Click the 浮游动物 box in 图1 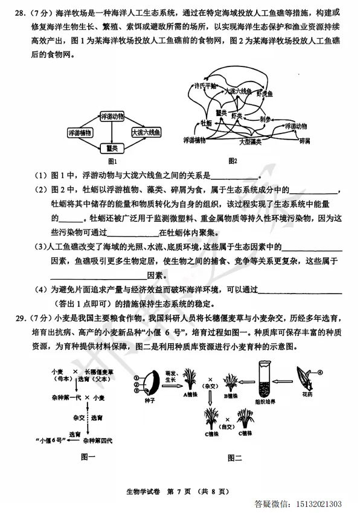(112, 116)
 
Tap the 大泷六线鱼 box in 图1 (146, 132)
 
